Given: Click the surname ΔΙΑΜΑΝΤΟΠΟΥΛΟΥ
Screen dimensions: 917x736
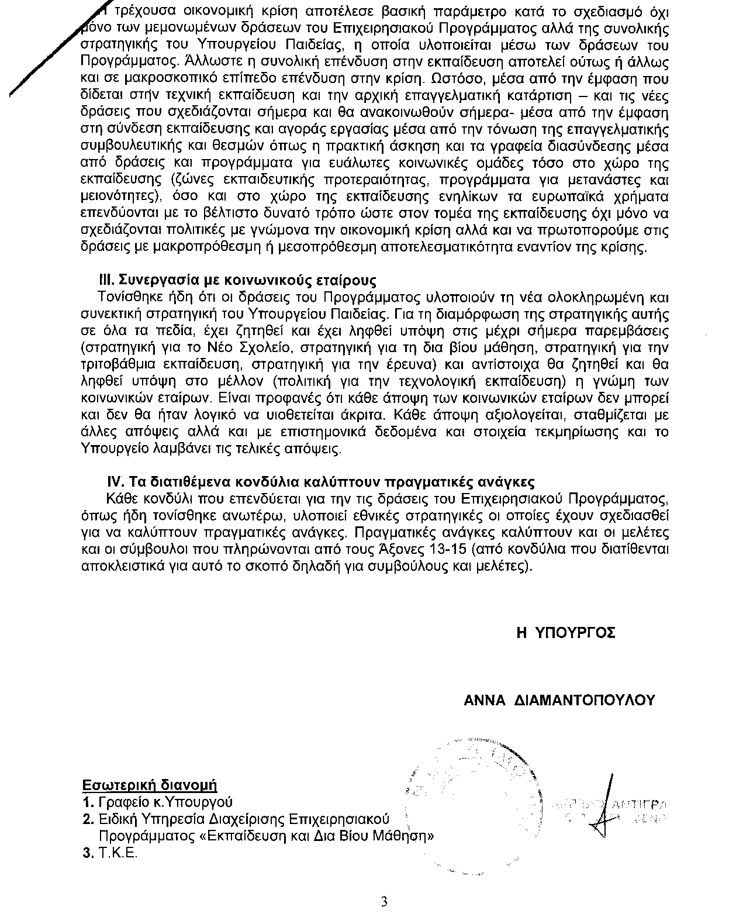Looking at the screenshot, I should [x=586, y=701].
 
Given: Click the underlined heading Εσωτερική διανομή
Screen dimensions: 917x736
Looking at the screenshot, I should [x=150, y=784].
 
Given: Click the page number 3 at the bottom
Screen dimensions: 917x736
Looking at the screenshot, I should [x=384, y=901].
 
